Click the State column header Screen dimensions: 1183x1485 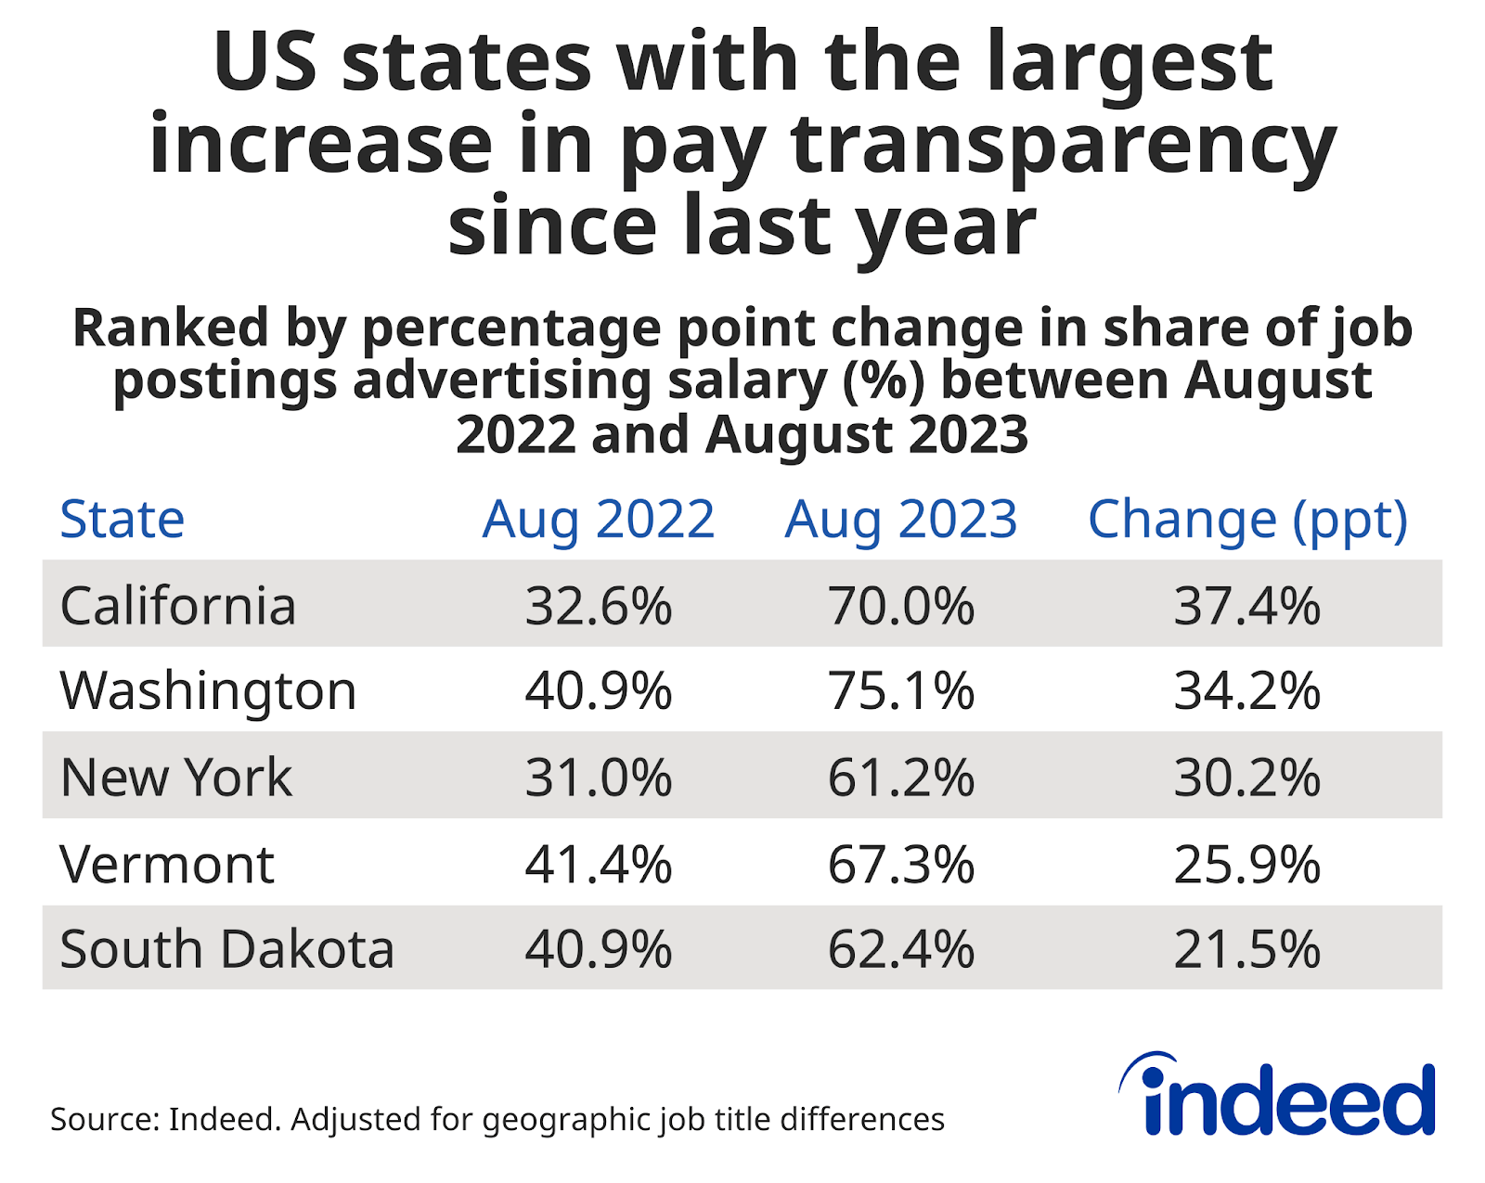[x=122, y=519]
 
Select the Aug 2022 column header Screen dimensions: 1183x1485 [x=599, y=519]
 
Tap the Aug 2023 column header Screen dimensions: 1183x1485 [x=901, y=519]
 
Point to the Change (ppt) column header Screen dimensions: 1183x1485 [x=1247, y=521]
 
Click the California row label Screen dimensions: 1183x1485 [x=178, y=606]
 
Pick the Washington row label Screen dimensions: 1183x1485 [x=208, y=691]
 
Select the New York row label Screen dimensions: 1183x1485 [x=176, y=777]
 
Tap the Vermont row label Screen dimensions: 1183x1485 [x=167, y=864]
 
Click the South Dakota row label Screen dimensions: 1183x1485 [x=227, y=949]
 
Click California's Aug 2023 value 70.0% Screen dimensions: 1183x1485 [x=901, y=606]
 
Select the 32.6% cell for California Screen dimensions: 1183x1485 [x=599, y=606]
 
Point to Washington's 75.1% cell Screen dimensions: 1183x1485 [x=901, y=691]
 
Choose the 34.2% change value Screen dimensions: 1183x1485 [x=1247, y=691]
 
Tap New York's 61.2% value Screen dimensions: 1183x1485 [x=901, y=777]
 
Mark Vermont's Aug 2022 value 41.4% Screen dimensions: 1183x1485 [x=599, y=864]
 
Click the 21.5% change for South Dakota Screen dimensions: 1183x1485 [x=1247, y=949]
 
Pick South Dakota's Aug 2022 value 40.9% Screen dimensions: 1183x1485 [x=599, y=949]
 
